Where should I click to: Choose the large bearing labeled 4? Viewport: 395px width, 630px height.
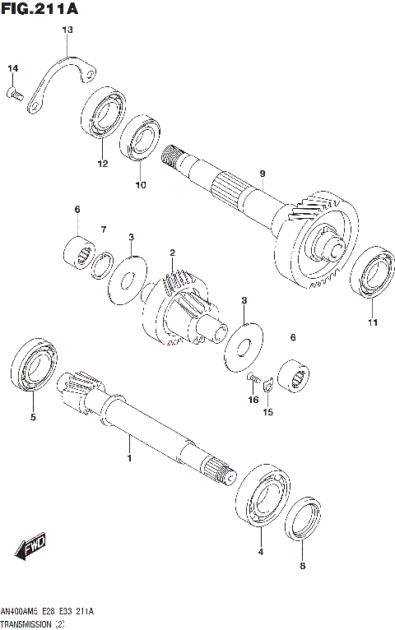pyautogui.click(x=262, y=498)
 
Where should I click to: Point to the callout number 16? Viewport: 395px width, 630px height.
pyautogui.click(x=253, y=401)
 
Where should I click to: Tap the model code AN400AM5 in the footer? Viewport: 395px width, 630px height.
pyautogui.click(x=22, y=612)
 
